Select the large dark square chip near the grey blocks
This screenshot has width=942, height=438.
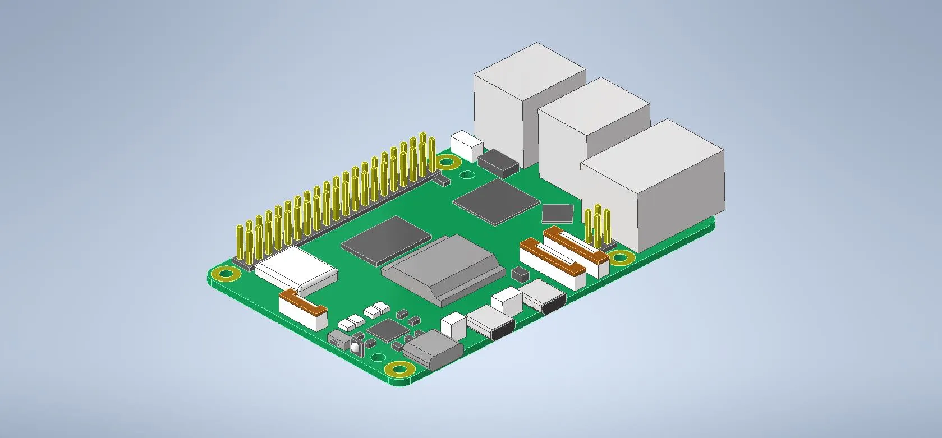tap(497, 202)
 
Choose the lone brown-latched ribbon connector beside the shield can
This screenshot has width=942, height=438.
tap(303, 310)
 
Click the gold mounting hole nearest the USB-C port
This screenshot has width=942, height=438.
tap(399, 370)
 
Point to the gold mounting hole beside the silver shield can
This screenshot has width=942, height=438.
tap(226, 274)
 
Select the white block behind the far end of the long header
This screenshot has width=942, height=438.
tap(467, 145)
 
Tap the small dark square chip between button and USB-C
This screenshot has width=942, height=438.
tap(385, 330)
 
